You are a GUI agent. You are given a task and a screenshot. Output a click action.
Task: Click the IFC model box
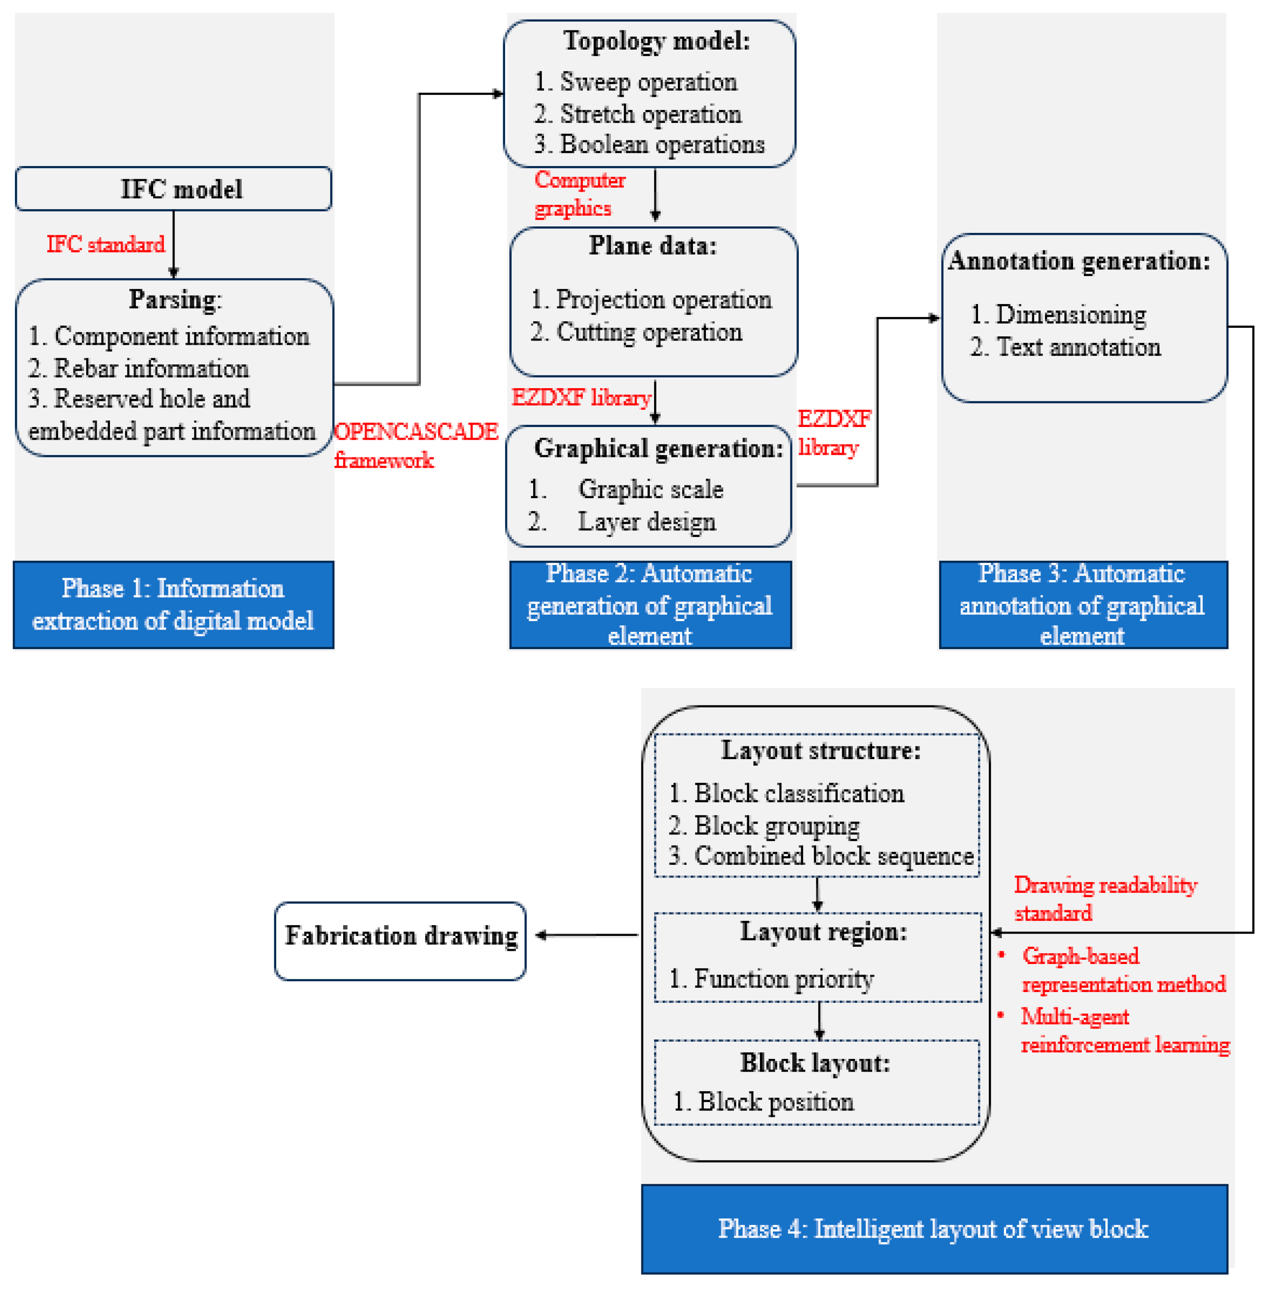[173, 189]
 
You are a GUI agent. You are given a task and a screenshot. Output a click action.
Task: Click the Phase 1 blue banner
[173, 604]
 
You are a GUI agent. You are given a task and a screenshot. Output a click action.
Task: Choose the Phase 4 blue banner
[934, 1228]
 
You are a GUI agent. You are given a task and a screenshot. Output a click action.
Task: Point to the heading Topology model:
[656, 41]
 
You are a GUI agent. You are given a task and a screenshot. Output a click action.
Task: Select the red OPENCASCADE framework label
[415, 445]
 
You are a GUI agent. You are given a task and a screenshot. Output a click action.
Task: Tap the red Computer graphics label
[579, 194]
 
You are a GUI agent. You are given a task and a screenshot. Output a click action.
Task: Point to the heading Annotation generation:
[1079, 261]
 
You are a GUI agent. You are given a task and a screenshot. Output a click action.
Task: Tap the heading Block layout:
[815, 1063]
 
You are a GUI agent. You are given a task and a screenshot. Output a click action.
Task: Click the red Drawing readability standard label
[1105, 899]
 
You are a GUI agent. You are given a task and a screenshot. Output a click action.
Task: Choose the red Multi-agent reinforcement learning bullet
[1124, 1030]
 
